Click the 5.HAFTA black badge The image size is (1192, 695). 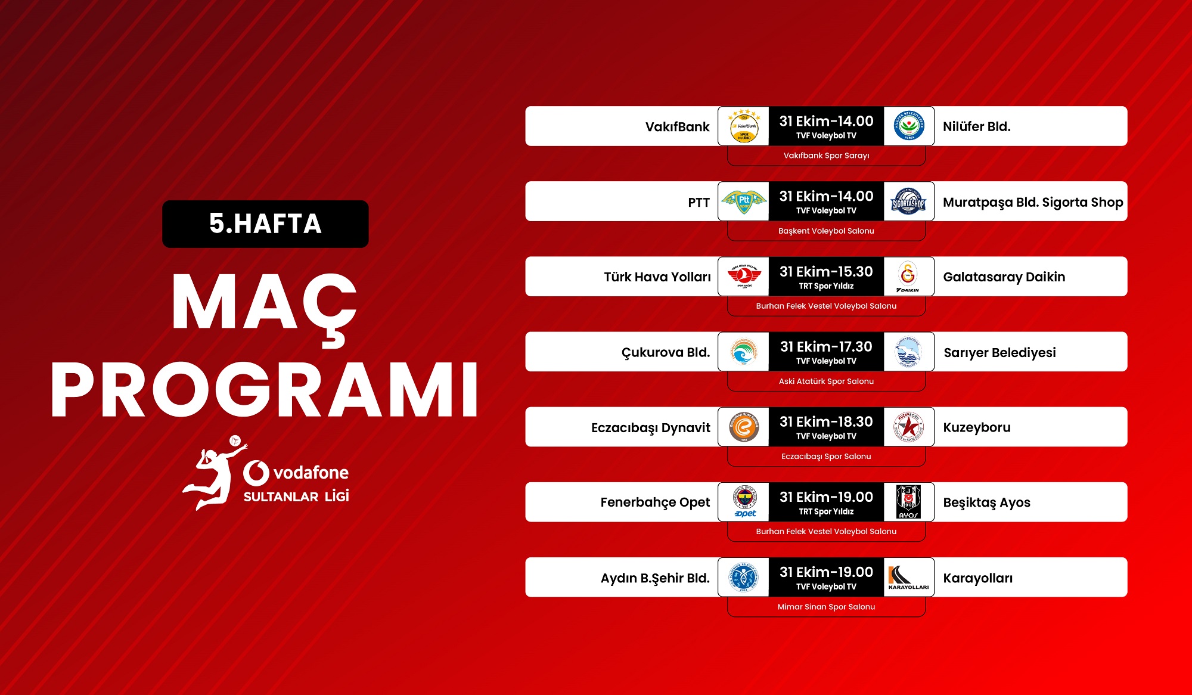point(265,224)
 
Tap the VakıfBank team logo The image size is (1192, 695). point(744,126)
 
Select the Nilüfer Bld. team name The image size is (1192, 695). point(976,126)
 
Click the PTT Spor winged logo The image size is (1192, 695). point(744,201)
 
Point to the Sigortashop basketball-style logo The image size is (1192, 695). point(908,201)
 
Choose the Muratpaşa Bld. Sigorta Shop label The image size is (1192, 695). point(1033,202)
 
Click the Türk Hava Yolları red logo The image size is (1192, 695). point(744,277)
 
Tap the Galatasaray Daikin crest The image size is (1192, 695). point(908,277)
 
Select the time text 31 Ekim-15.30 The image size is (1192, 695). point(826,272)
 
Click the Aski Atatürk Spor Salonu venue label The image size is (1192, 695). point(826,381)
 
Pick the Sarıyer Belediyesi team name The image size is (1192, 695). point(999,352)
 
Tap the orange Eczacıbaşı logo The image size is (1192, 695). point(744,427)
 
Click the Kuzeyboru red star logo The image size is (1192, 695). point(908,427)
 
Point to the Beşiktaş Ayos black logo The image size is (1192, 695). point(908,502)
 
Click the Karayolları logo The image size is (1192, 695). point(908,578)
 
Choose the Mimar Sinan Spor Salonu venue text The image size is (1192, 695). point(826,607)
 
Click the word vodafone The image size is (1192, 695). point(311,473)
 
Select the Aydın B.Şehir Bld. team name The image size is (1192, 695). point(655,578)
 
